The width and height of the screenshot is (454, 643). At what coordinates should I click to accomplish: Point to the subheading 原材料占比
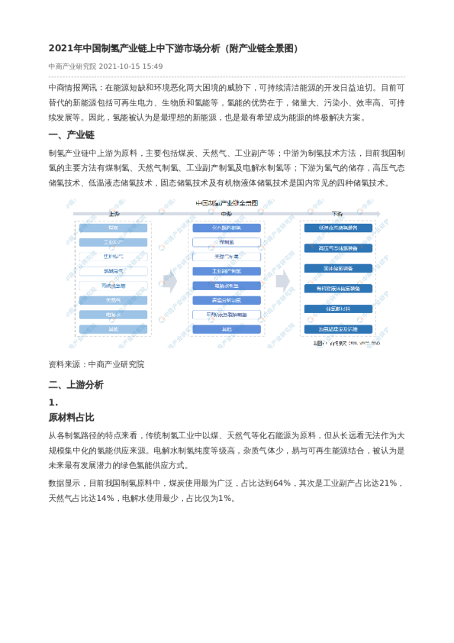(x=71, y=417)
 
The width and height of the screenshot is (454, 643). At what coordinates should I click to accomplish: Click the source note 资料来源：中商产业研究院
(x=96, y=364)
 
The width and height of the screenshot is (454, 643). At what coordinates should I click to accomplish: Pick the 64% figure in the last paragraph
(x=282, y=483)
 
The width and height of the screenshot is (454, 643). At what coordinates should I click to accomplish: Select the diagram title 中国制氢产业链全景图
(x=227, y=203)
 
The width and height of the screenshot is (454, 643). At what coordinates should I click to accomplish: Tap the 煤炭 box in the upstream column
(x=114, y=228)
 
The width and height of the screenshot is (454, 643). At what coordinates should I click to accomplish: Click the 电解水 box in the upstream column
(x=114, y=315)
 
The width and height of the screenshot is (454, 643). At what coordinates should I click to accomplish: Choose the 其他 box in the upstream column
(x=114, y=329)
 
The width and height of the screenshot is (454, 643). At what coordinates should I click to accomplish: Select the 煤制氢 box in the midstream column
(x=227, y=242)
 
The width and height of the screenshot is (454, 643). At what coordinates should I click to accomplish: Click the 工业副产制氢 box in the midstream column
(x=227, y=271)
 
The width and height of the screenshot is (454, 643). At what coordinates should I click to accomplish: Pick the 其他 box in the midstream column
(x=227, y=329)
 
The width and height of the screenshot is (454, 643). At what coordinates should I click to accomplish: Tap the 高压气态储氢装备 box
(x=338, y=248)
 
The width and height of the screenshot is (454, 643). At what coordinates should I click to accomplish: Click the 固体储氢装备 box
(x=338, y=268)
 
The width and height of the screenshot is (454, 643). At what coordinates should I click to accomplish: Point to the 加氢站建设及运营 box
(x=338, y=329)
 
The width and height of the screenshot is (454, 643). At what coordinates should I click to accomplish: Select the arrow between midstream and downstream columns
(x=282, y=279)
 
